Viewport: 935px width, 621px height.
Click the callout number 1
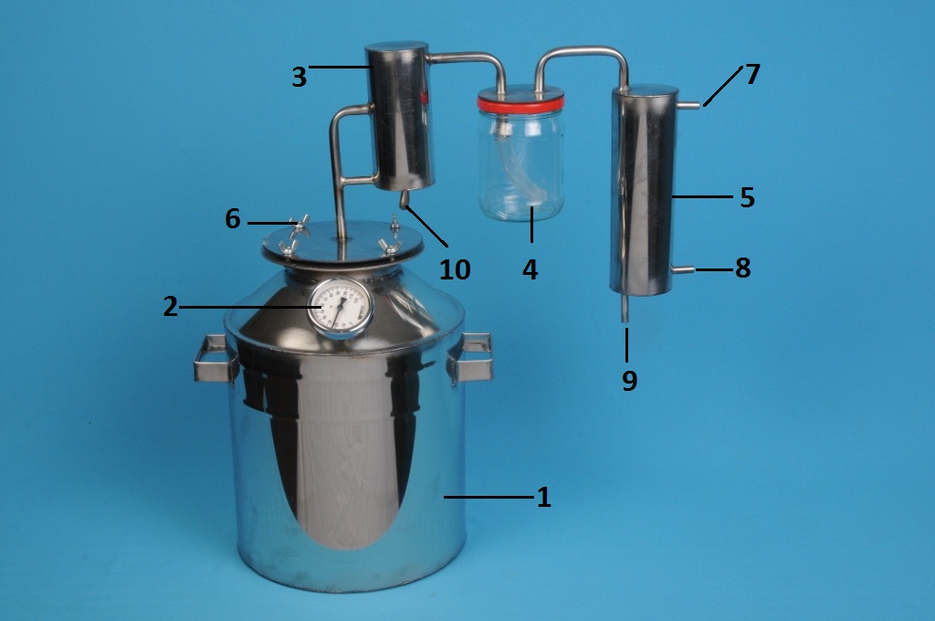click(x=543, y=497)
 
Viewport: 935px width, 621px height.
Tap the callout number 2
click(x=171, y=307)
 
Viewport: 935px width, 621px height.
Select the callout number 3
click(x=299, y=77)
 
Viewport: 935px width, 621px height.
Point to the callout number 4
click(x=531, y=269)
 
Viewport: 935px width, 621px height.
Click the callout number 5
click(x=747, y=197)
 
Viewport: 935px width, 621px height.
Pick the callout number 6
click(x=233, y=219)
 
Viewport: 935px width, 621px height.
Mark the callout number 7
click(x=752, y=74)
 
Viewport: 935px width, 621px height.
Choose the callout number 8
click(x=742, y=268)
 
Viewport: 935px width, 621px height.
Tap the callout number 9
click(x=630, y=380)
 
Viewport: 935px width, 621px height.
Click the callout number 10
click(x=455, y=269)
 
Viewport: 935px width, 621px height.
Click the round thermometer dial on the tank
click(x=341, y=307)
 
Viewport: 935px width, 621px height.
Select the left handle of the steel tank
click(x=215, y=358)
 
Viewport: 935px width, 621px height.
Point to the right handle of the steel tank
click(x=471, y=358)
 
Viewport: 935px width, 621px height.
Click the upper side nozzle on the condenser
click(x=688, y=106)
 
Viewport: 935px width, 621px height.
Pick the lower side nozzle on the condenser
click(x=683, y=269)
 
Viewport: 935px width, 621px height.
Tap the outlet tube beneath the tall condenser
click(x=625, y=309)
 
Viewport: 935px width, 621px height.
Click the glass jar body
click(x=521, y=165)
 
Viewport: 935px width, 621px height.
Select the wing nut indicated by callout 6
click(x=299, y=226)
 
